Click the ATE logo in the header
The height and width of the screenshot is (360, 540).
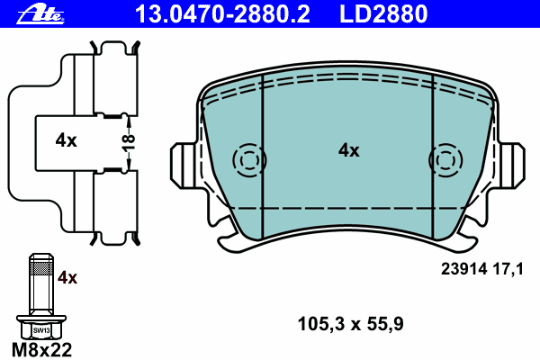click(40, 14)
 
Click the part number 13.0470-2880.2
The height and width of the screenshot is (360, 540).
click(223, 14)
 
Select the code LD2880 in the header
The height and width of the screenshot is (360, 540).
click(383, 14)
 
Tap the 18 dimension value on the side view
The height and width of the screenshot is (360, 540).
click(128, 143)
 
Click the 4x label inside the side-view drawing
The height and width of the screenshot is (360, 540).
click(66, 140)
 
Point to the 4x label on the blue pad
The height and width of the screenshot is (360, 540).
click(348, 150)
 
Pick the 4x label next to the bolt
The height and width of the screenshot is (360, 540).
click(67, 277)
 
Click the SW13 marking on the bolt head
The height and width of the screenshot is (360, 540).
click(41, 330)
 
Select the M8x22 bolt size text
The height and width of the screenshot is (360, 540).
click(41, 350)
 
